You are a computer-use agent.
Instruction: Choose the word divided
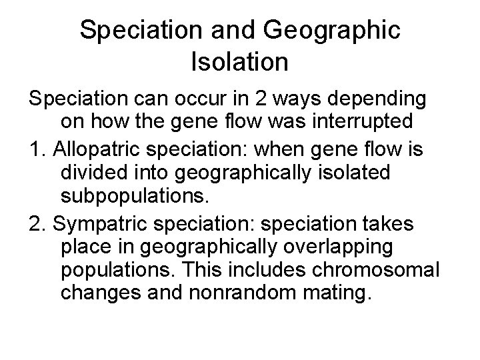pos(89,171)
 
